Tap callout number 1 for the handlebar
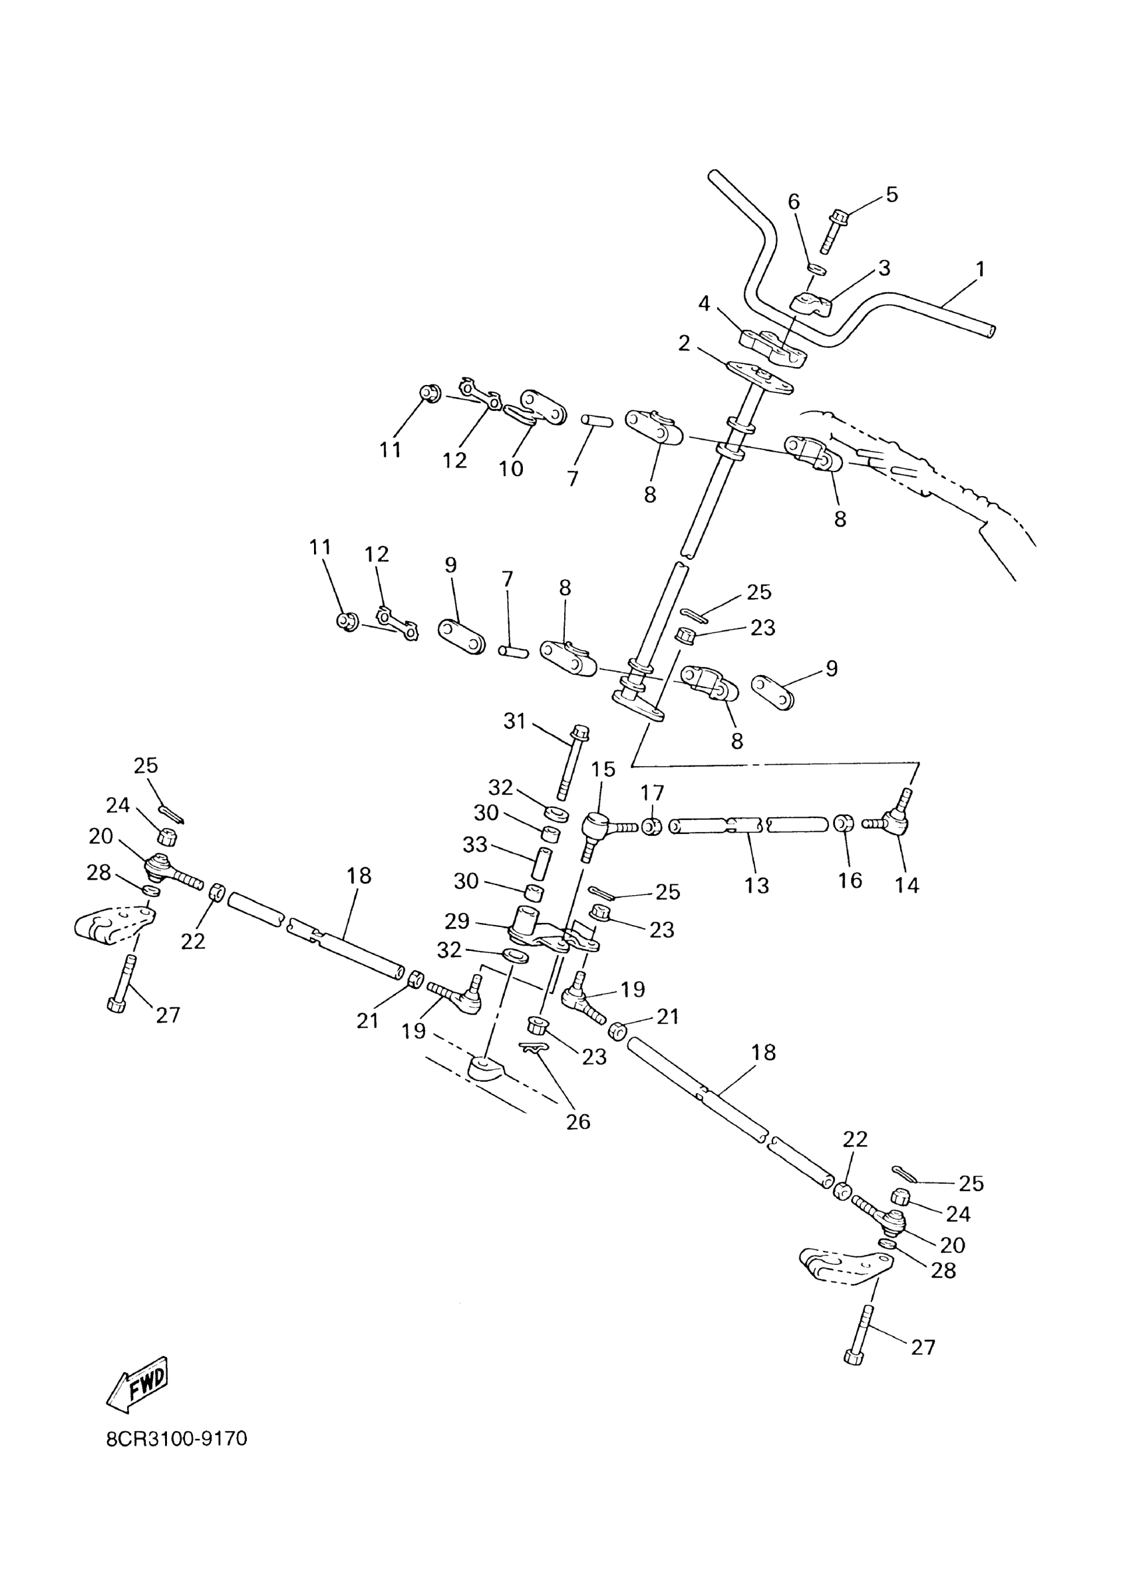[980, 269]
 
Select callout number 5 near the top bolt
[891, 194]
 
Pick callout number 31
[514, 722]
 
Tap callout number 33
[475, 845]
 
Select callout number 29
[457, 922]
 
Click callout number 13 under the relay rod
[756, 886]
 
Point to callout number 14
[907, 886]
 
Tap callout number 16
[850, 880]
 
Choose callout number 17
[652, 792]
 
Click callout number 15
[603, 769]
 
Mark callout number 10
[510, 469]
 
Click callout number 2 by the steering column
[684, 343]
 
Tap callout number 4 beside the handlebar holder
[704, 303]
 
